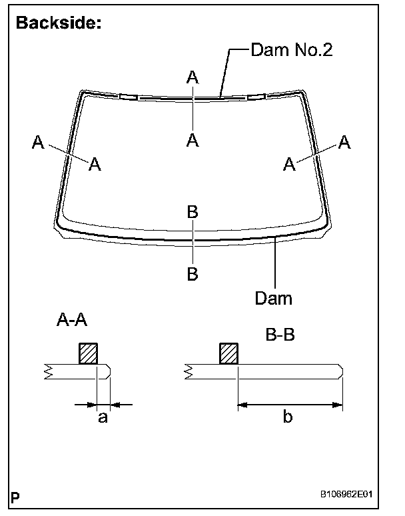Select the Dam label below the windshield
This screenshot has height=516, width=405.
(273, 298)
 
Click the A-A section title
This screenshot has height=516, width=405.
(73, 321)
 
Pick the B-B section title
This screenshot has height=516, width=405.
(280, 337)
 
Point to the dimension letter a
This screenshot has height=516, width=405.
(102, 418)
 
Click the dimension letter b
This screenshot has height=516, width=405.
(287, 418)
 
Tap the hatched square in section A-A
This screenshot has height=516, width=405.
(89, 353)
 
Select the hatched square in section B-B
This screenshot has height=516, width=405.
(228, 353)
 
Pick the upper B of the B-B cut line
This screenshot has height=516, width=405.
(193, 212)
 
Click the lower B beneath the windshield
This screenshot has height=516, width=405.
(193, 274)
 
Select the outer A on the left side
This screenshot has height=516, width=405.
(38, 142)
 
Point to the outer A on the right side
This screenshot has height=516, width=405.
(344, 142)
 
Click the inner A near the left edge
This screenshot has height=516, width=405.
(95, 164)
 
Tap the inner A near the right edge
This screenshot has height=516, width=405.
(289, 164)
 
